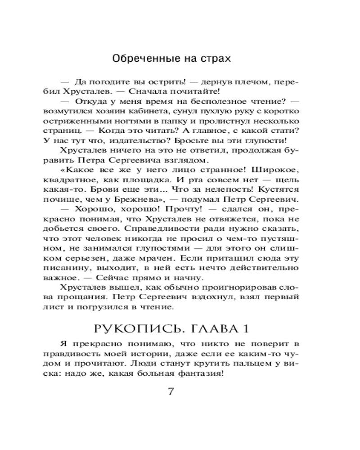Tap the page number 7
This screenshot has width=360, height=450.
pyautogui.click(x=170, y=391)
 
